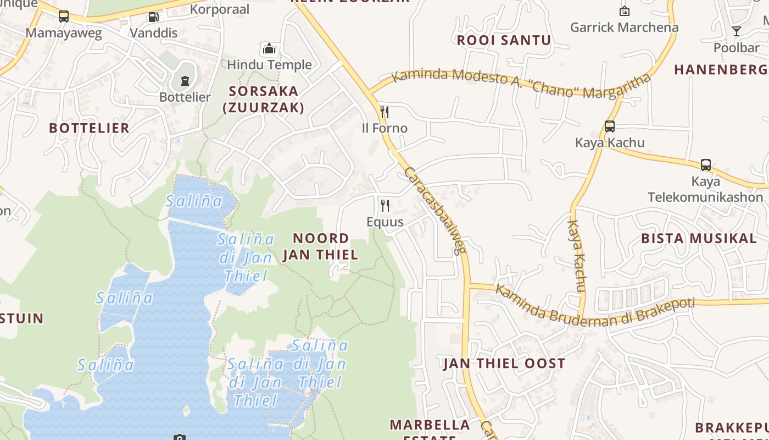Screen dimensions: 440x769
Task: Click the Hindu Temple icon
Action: tap(269, 49)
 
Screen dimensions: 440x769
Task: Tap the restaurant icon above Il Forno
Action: tap(384, 112)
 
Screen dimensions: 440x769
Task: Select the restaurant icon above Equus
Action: tap(385, 206)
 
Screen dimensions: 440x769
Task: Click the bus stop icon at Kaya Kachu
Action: tap(609, 127)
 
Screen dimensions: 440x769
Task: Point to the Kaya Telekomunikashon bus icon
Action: tap(705, 165)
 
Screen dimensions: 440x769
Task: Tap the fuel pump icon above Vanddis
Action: tap(153, 17)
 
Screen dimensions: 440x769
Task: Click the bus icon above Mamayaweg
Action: tap(64, 16)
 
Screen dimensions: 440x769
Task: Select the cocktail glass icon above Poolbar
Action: tap(736, 31)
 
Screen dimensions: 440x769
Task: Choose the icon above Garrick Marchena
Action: tap(624, 11)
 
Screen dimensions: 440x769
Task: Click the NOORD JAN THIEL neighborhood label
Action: tap(320, 246)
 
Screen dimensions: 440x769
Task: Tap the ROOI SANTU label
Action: tap(504, 40)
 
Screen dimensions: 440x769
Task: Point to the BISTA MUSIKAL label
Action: tap(699, 238)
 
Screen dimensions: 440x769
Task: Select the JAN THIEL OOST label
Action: tap(504, 363)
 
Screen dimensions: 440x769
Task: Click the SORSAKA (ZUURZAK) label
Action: tap(264, 99)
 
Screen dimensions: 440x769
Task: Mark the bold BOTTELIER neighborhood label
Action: tap(89, 128)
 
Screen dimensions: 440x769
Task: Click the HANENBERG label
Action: tap(721, 70)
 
